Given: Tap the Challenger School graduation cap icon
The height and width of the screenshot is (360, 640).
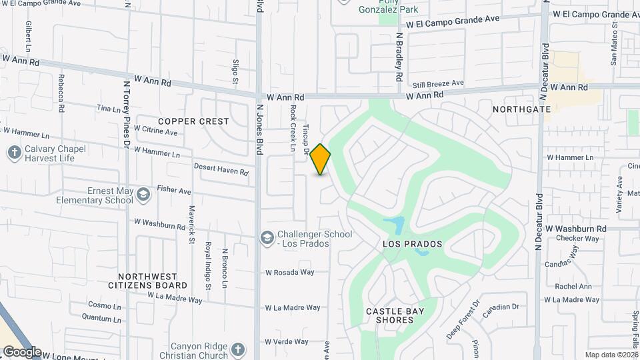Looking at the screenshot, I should pos(267,238).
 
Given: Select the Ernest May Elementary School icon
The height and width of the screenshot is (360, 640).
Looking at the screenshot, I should pos(142,195).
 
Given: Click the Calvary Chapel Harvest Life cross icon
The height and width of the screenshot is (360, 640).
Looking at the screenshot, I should pos(14,153).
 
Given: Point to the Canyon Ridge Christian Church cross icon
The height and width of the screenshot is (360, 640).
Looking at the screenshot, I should pos(238,350).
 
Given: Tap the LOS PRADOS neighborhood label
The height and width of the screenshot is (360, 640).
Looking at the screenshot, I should pos(413,245).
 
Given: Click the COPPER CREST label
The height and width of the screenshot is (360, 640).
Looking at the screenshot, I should pos(193,121).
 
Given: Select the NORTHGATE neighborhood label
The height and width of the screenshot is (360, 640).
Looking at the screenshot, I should pos(522,109).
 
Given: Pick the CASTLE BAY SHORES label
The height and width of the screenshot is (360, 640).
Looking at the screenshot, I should pos(390,315).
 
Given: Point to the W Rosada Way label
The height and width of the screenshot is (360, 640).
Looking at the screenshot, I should pos(290,272).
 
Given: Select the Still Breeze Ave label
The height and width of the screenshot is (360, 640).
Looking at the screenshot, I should pos(438,83).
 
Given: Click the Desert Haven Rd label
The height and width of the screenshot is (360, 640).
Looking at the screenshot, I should pos(221,169).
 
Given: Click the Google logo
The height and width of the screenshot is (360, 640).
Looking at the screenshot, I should pos(22,352).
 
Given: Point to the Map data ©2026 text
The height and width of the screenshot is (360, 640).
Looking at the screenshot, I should pos(611,355).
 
